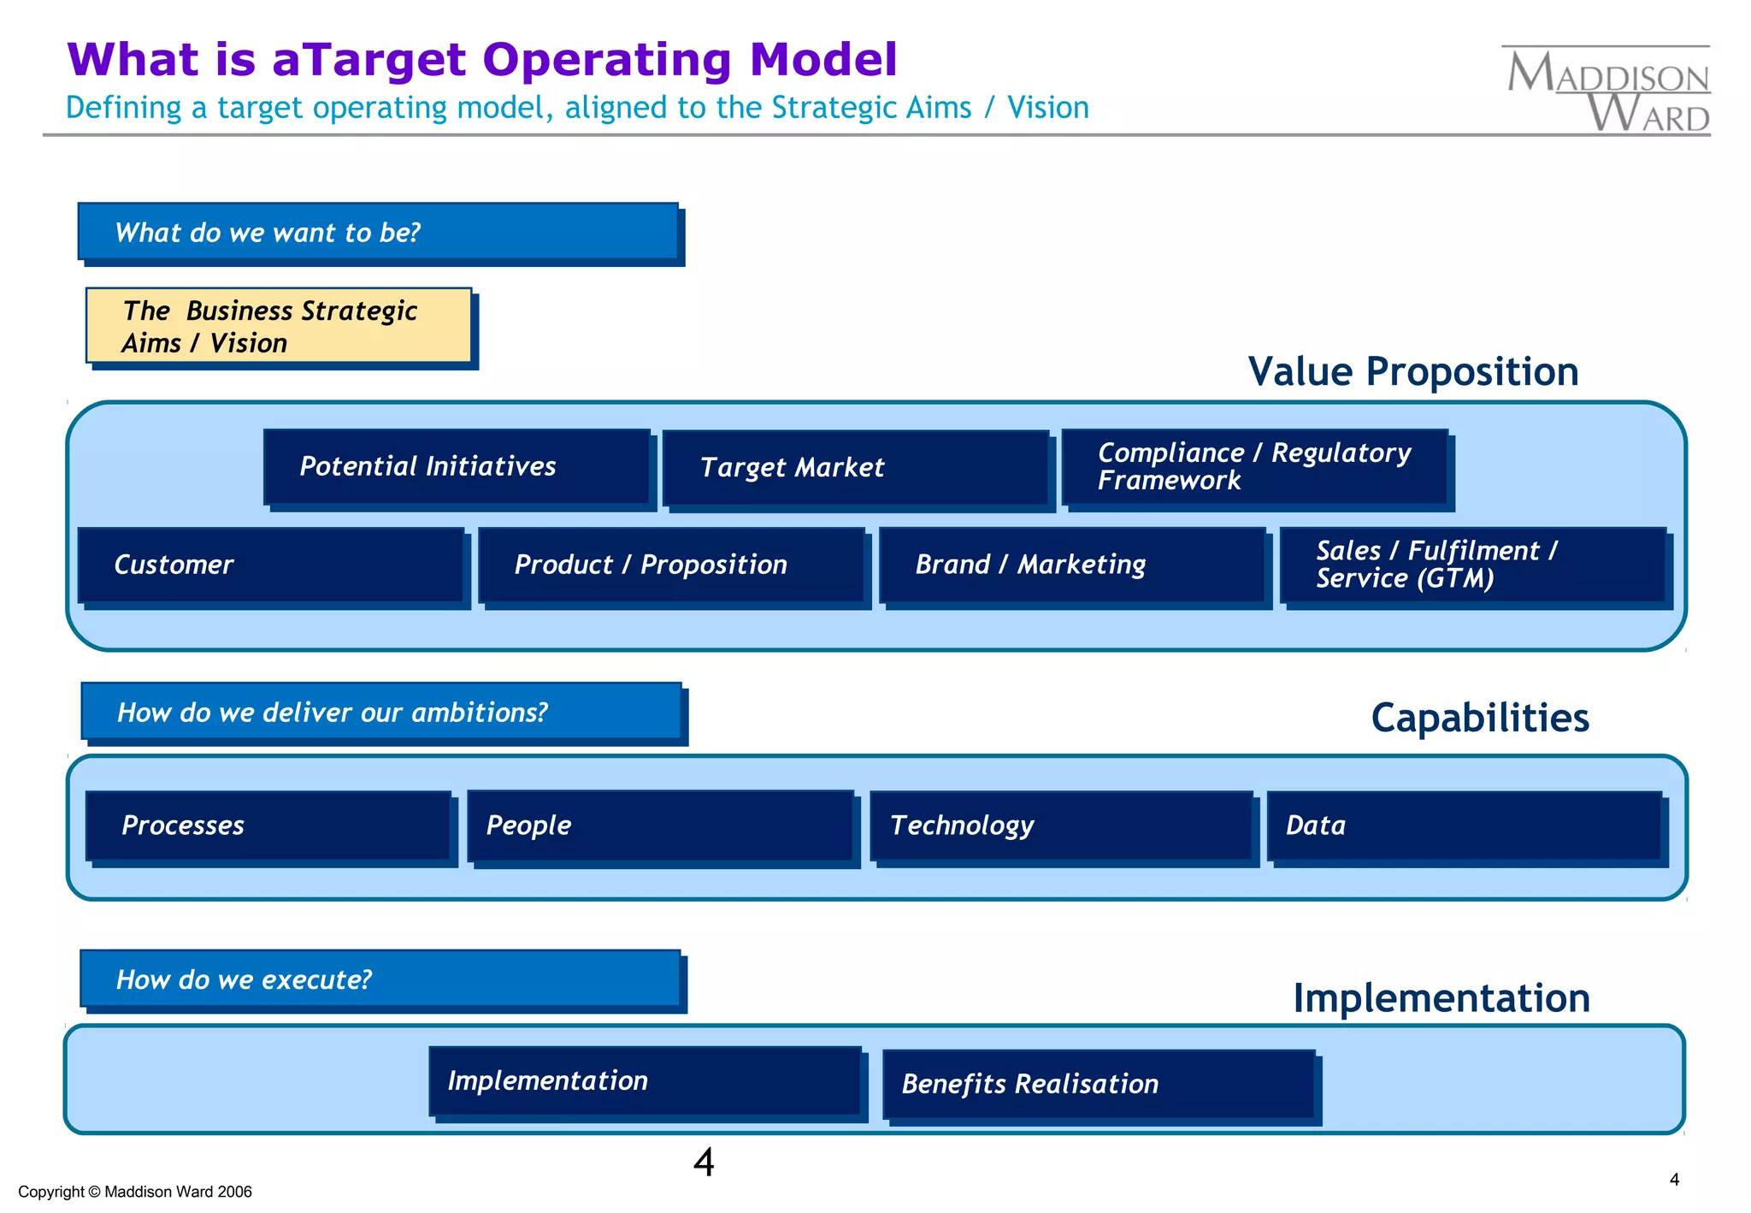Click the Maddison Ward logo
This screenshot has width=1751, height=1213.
(1607, 91)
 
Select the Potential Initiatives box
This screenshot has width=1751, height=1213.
(457, 467)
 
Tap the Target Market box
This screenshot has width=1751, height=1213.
(855, 468)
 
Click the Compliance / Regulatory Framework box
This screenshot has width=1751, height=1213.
(1254, 467)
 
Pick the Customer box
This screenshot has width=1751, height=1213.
(271, 565)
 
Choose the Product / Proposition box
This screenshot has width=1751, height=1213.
(671, 565)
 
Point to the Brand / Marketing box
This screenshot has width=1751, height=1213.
(1072, 565)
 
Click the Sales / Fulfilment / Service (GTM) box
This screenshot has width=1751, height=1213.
(1472, 565)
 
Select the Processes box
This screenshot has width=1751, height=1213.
(268, 825)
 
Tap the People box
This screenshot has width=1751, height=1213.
(660, 825)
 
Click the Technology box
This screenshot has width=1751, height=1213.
(1061, 825)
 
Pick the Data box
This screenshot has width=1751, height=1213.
(1464, 825)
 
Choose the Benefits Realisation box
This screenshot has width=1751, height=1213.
(1099, 1085)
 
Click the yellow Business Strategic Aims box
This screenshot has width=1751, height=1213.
(279, 326)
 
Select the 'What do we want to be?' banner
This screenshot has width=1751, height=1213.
(378, 232)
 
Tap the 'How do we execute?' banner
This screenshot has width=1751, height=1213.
(380, 979)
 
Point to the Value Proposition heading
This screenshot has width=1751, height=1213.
(1412, 372)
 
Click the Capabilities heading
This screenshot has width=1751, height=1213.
(1479, 718)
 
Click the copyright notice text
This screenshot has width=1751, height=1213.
(135, 1192)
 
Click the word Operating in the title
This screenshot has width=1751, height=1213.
(606, 60)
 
